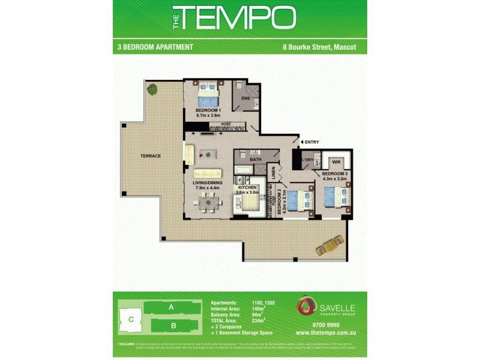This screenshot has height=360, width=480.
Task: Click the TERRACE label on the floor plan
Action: [x=151, y=156]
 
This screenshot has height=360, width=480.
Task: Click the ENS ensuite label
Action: [x=245, y=98]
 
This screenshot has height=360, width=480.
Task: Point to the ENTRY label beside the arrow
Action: [x=312, y=142]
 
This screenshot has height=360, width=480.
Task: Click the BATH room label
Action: [x=256, y=159]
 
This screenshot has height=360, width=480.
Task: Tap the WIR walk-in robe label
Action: [x=336, y=162]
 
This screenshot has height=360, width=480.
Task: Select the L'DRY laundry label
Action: [x=308, y=160]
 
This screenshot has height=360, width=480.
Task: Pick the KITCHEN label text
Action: [x=248, y=188]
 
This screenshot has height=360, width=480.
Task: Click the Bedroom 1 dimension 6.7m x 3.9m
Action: [x=209, y=115]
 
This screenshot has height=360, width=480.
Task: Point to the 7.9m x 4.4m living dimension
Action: [x=207, y=188]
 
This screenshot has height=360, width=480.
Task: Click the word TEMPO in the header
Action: [x=238, y=18]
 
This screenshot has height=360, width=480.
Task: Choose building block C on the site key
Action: [x=130, y=319]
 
